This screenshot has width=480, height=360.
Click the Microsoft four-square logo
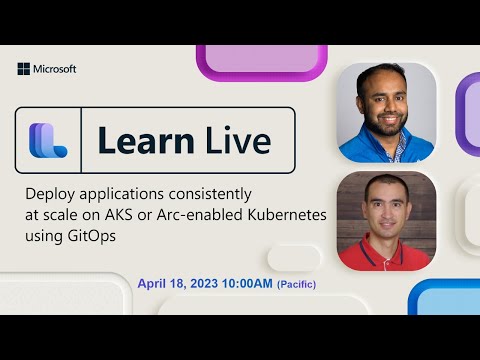(23, 69)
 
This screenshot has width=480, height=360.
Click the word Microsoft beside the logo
(54, 69)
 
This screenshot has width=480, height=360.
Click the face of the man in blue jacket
(385, 103)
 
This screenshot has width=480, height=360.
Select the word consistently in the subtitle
(208, 192)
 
